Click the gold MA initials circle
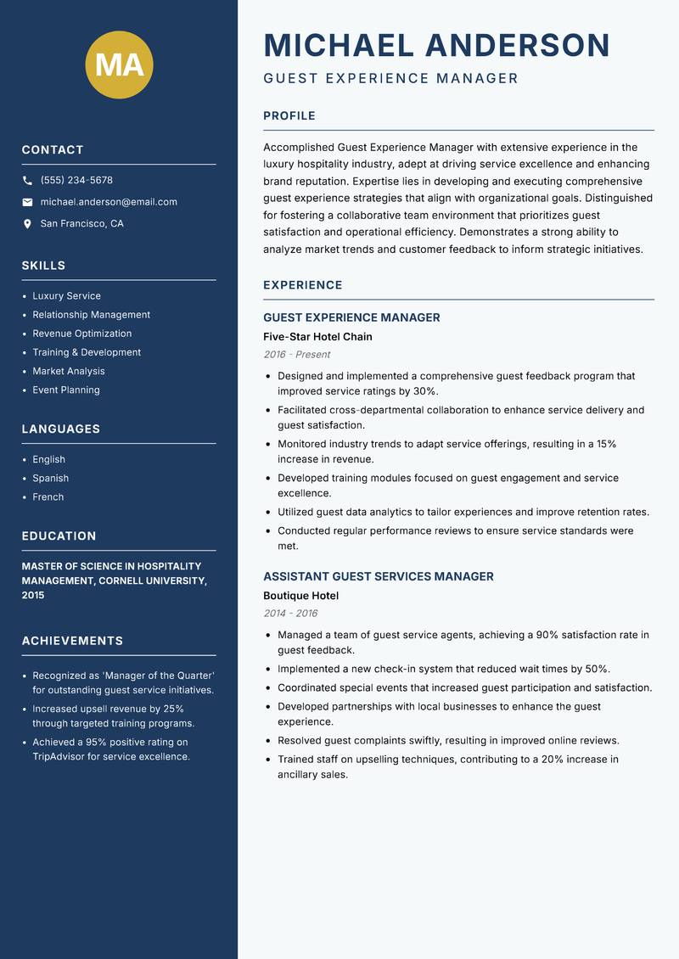(119, 64)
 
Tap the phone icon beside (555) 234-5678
(28, 181)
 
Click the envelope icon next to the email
(28, 202)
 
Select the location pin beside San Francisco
(28, 224)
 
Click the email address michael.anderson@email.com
(109, 202)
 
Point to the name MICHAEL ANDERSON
(437, 45)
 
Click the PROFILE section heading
(289, 116)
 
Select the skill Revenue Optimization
(82, 334)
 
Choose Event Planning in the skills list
(66, 390)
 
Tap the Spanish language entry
(51, 479)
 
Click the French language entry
(48, 497)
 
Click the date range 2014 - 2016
(290, 614)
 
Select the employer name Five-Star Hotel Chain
(317, 337)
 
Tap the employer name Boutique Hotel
(300, 596)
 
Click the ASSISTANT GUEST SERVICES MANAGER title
(379, 576)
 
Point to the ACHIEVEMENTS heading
(72, 641)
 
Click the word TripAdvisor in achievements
(61, 756)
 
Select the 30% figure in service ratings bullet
(425, 391)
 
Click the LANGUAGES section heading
(61, 429)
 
